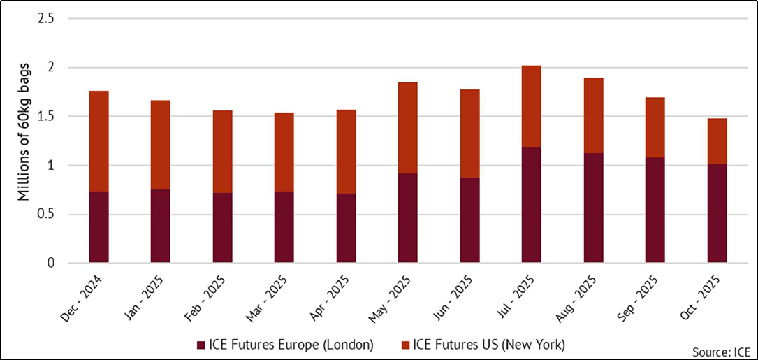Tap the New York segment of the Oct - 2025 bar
(x=717, y=141)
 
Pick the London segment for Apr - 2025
(x=346, y=228)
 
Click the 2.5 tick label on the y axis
(x=45, y=19)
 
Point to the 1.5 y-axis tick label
(x=45, y=117)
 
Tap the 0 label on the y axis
(x=50, y=264)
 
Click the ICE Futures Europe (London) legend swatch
(x=202, y=344)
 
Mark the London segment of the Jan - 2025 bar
(x=161, y=226)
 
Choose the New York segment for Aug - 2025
(x=593, y=115)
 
